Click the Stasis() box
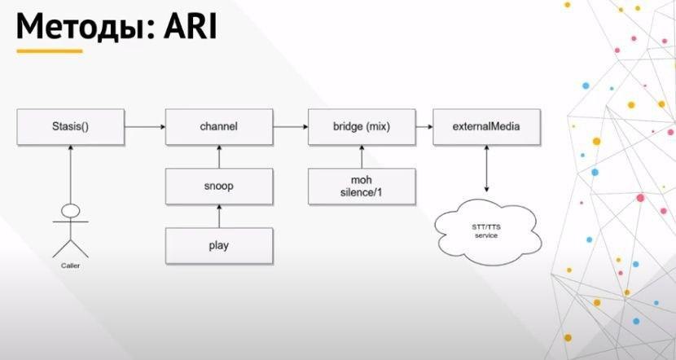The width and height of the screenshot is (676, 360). click(71, 127)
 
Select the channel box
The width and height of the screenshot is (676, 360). click(218, 127)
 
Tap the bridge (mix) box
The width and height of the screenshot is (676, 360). click(361, 127)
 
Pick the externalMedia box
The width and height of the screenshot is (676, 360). click(486, 127)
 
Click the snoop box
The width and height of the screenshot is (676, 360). click(218, 186)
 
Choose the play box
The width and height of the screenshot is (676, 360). click(218, 244)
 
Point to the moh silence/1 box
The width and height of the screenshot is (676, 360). click(361, 187)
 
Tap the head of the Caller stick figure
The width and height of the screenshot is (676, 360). click(71, 211)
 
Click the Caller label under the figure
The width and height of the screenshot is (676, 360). click(71, 266)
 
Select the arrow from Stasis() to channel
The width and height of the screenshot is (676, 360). click(145, 127)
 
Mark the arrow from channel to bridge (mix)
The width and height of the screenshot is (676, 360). click(289, 127)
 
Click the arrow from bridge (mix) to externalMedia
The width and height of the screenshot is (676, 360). click(423, 127)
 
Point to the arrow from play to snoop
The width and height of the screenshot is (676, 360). click(218, 217)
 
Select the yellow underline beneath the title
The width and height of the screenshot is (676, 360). click(50, 50)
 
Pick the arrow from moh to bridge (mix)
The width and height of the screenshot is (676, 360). click(361, 157)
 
